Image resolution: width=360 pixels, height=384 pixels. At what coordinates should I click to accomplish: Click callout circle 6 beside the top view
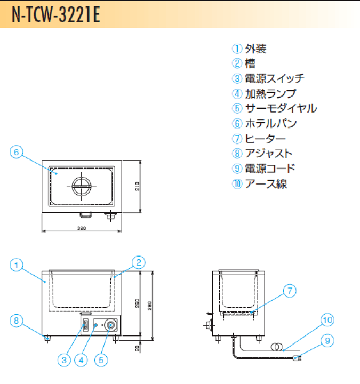[x=17, y=152]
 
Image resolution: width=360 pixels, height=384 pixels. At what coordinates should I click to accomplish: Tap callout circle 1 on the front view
[x=17, y=265]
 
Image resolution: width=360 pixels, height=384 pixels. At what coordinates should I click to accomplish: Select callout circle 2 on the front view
[x=138, y=262]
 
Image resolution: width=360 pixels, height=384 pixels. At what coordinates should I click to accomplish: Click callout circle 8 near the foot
[x=17, y=321]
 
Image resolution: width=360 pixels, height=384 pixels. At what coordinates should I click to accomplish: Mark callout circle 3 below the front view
[x=64, y=360]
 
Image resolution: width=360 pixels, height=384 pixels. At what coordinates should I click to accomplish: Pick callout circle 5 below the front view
[x=101, y=360]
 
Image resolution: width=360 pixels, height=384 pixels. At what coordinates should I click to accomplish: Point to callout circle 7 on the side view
[x=289, y=291]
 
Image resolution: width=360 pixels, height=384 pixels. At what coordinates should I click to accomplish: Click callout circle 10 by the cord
[x=327, y=320]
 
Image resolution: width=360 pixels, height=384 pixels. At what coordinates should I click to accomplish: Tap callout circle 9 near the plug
[x=327, y=340]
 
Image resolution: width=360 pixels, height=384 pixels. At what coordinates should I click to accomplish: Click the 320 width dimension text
[x=82, y=228]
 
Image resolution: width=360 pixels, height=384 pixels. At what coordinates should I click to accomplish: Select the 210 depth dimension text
[x=137, y=186]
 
